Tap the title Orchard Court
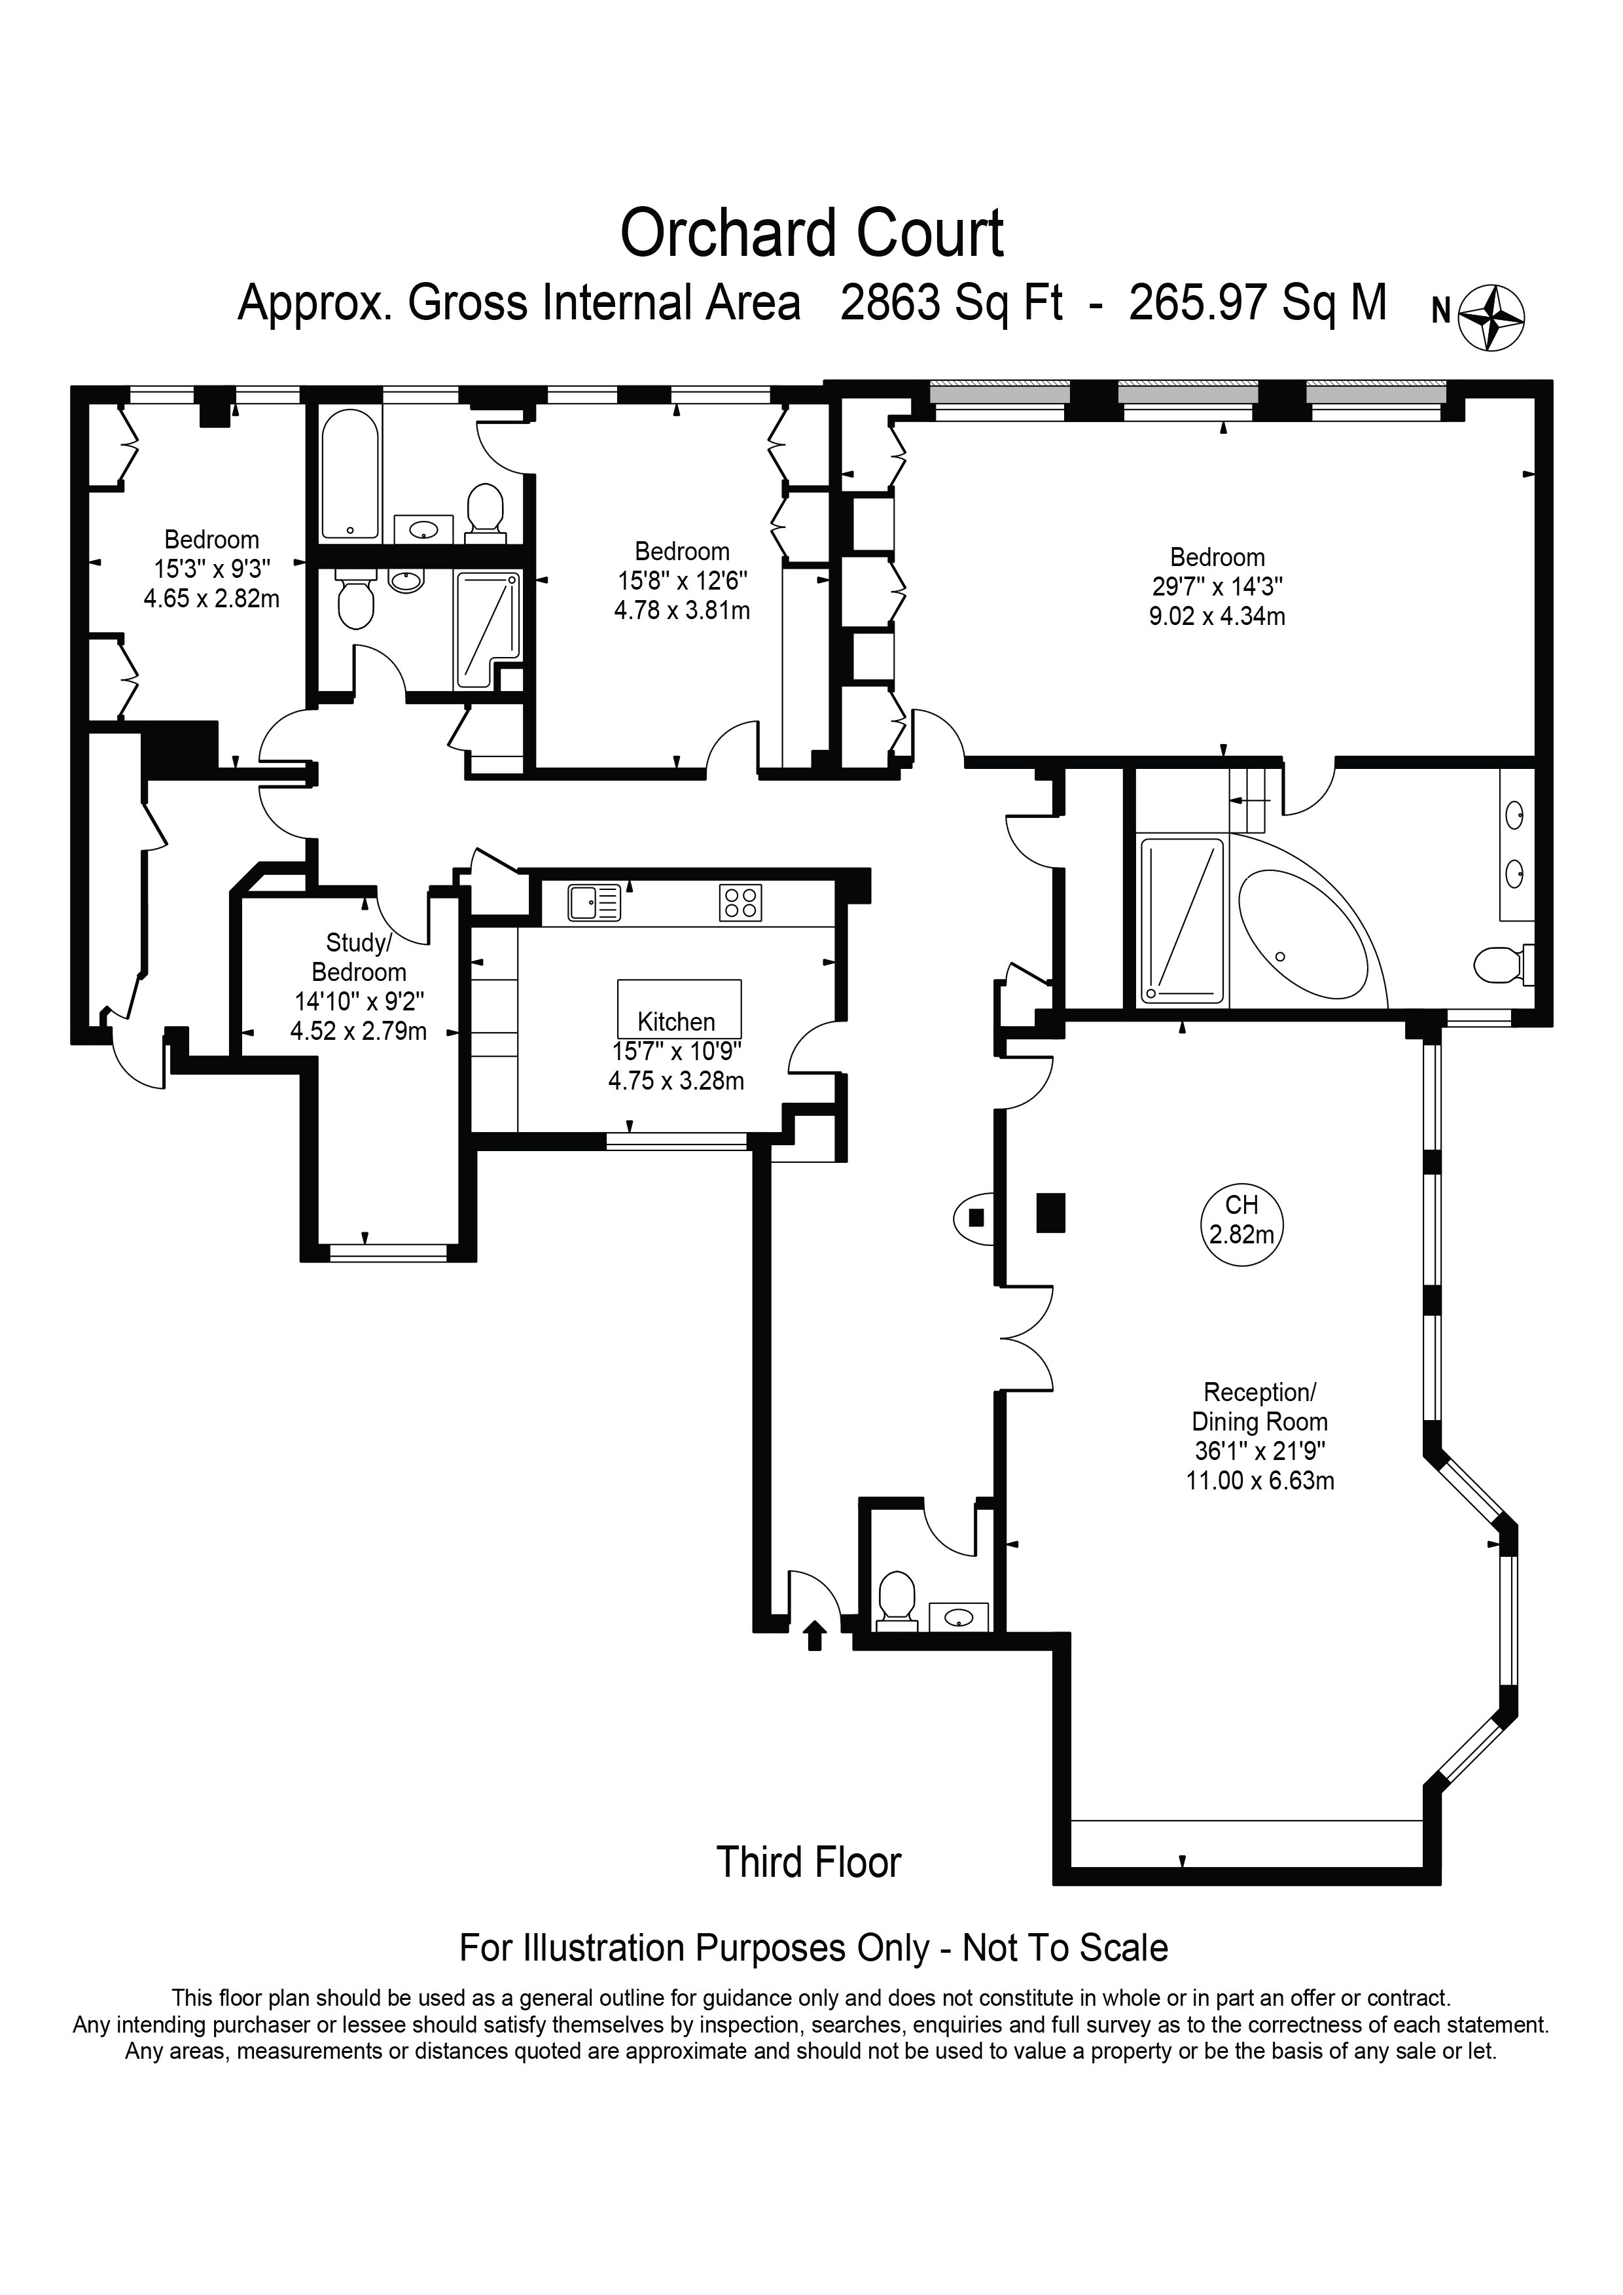pyautogui.click(x=811, y=234)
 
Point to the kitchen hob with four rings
pyautogui.click(x=740, y=902)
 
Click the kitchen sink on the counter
pyautogui.click(x=594, y=902)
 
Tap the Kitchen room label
pyautogui.click(x=677, y=1022)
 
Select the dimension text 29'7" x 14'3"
pyautogui.click(x=1217, y=587)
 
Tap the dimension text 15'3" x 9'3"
pyautogui.click(x=212, y=570)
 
